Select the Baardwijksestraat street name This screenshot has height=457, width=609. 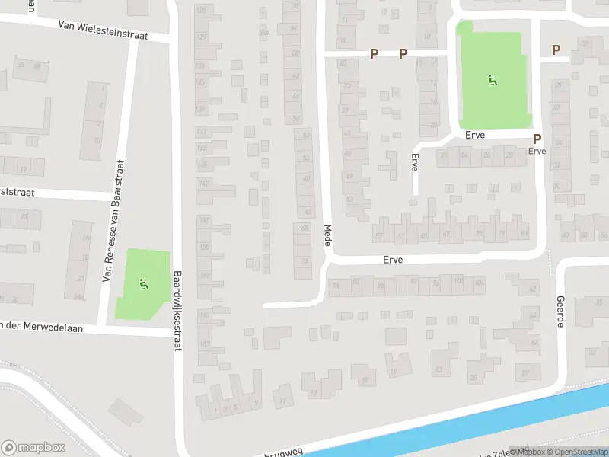point(177,312)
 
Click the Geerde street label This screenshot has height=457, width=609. point(561,312)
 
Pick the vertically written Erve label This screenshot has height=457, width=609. point(415,163)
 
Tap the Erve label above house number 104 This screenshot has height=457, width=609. point(393,260)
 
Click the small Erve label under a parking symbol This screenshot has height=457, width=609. point(537,151)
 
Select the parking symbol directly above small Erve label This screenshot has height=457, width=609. point(537,139)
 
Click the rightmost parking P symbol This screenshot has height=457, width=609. point(556,50)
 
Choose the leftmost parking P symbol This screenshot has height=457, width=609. point(374,53)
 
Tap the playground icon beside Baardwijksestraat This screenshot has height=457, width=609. point(142,285)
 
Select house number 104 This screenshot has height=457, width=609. point(479,283)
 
